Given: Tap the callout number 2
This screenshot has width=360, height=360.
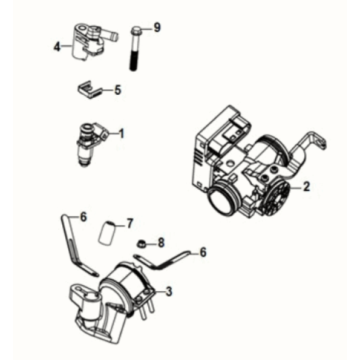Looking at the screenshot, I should point(306,186).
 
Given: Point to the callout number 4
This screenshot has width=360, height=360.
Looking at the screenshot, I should point(57,45).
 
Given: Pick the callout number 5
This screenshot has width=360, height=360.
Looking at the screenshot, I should point(117,90).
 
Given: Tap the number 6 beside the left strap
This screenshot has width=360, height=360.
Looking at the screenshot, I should point(84,216).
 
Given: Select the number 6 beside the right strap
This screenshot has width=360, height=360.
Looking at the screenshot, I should point(206,253).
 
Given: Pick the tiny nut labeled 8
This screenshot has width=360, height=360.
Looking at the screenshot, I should point(144,243).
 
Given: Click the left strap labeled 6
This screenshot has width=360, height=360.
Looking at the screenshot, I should point(72,240).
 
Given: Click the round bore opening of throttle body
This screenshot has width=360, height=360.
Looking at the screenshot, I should point(228,199).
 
